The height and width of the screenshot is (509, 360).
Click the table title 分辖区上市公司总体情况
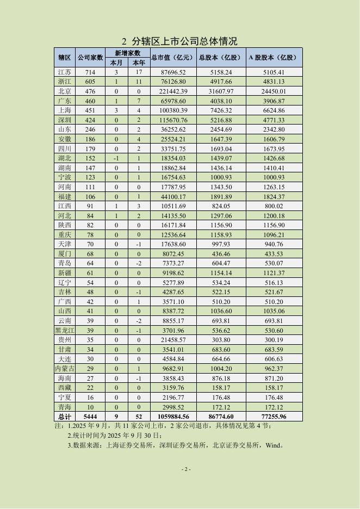point(185,41)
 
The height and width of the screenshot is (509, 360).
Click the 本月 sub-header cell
point(116,63)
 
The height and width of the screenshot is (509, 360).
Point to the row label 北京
point(64,91)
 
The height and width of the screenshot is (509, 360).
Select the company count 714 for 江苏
point(90,72)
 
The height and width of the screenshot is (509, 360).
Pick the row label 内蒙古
point(64,368)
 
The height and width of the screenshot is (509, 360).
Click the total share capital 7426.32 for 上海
point(221,110)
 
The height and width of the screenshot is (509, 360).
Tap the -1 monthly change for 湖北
point(116,158)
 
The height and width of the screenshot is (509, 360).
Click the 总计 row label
point(64,416)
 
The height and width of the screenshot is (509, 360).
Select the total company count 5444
point(90,416)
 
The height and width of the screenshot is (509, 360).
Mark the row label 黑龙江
point(64,330)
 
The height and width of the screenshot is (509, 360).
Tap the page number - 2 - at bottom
point(185,469)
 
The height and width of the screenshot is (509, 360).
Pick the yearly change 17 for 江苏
point(139,72)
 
